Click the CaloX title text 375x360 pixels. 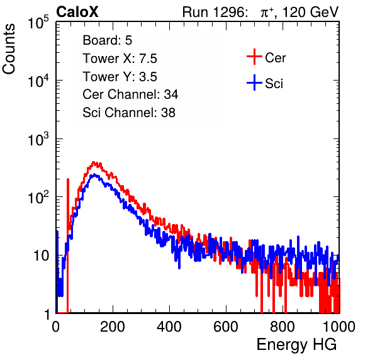[77, 12]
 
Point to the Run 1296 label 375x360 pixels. [215, 12]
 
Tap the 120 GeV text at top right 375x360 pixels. [311, 12]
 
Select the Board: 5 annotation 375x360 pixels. [107, 40]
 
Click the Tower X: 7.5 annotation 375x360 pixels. [120, 59]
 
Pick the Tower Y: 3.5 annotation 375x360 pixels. [120, 77]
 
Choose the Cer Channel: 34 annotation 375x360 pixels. [130, 94]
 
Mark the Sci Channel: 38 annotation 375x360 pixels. [129, 113]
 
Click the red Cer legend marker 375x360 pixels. [254, 57]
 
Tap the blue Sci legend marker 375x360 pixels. [254, 83]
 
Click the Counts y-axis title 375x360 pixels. [9, 49]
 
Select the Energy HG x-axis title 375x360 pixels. [296, 345]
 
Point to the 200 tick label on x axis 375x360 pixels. [113, 327]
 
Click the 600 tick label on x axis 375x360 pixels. [226, 327]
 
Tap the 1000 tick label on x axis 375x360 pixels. [339, 327]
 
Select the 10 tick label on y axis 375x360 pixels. [41, 256]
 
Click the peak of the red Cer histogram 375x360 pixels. [94, 163]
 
